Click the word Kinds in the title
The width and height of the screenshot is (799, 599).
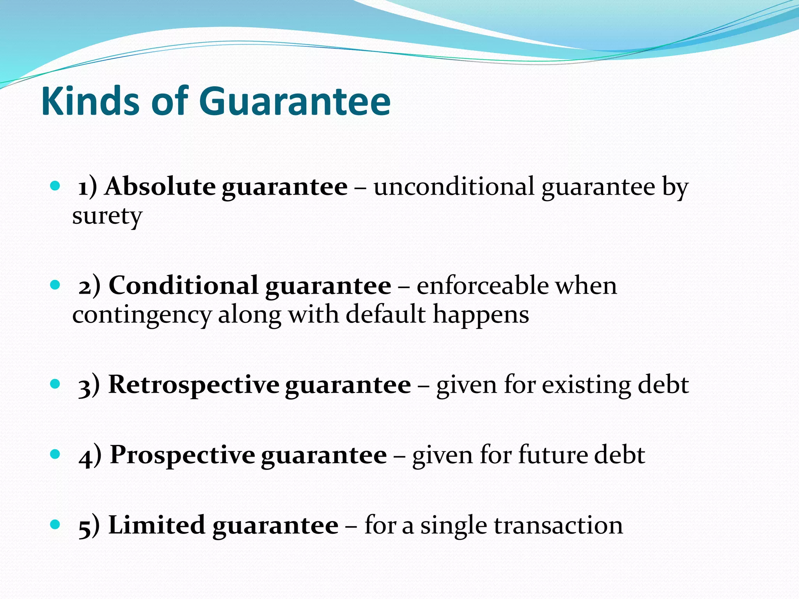(90, 101)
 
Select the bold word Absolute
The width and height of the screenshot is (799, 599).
(160, 186)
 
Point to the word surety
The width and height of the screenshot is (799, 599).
(107, 216)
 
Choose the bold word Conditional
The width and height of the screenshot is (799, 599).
(183, 285)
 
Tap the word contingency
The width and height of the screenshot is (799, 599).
(142, 315)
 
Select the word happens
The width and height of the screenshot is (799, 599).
(481, 315)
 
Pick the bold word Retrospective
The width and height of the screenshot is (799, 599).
(194, 385)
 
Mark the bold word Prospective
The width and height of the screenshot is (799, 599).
(182, 455)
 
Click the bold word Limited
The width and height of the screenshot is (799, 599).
(156, 525)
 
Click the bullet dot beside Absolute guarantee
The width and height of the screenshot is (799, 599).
(55, 186)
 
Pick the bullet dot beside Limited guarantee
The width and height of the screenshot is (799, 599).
(55, 525)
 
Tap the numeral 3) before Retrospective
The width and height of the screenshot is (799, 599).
(89, 386)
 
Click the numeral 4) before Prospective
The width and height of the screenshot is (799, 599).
(90, 456)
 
